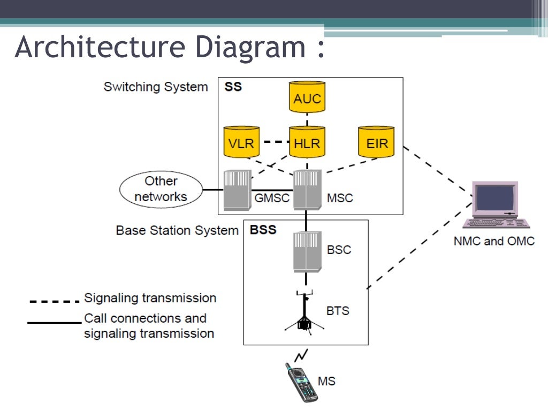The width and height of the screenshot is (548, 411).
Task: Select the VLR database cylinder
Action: click(x=241, y=142)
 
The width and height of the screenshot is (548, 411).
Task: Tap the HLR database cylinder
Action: click(x=307, y=142)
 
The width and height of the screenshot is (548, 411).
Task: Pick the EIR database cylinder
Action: click(x=376, y=142)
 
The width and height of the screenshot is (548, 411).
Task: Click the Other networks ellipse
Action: click(x=161, y=189)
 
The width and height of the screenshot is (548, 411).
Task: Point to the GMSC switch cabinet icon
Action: click(x=237, y=190)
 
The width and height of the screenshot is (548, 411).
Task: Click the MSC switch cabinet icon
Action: click(x=307, y=189)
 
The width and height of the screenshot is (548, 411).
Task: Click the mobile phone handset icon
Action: click(x=301, y=382)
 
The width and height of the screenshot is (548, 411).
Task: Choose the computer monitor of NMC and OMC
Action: click(x=494, y=199)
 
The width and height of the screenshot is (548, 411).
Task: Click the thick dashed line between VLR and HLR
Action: click(x=274, y=142)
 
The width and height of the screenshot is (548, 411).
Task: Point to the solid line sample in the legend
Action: click(x=54, y=323)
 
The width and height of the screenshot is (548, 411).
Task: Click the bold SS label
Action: click(x=233, y=87)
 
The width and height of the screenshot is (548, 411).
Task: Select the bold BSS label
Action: click(x=263, y=230)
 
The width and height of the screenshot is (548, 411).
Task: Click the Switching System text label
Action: click(x=155, y=87)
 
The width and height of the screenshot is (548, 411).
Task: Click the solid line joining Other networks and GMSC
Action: click(x=212, y=190)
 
